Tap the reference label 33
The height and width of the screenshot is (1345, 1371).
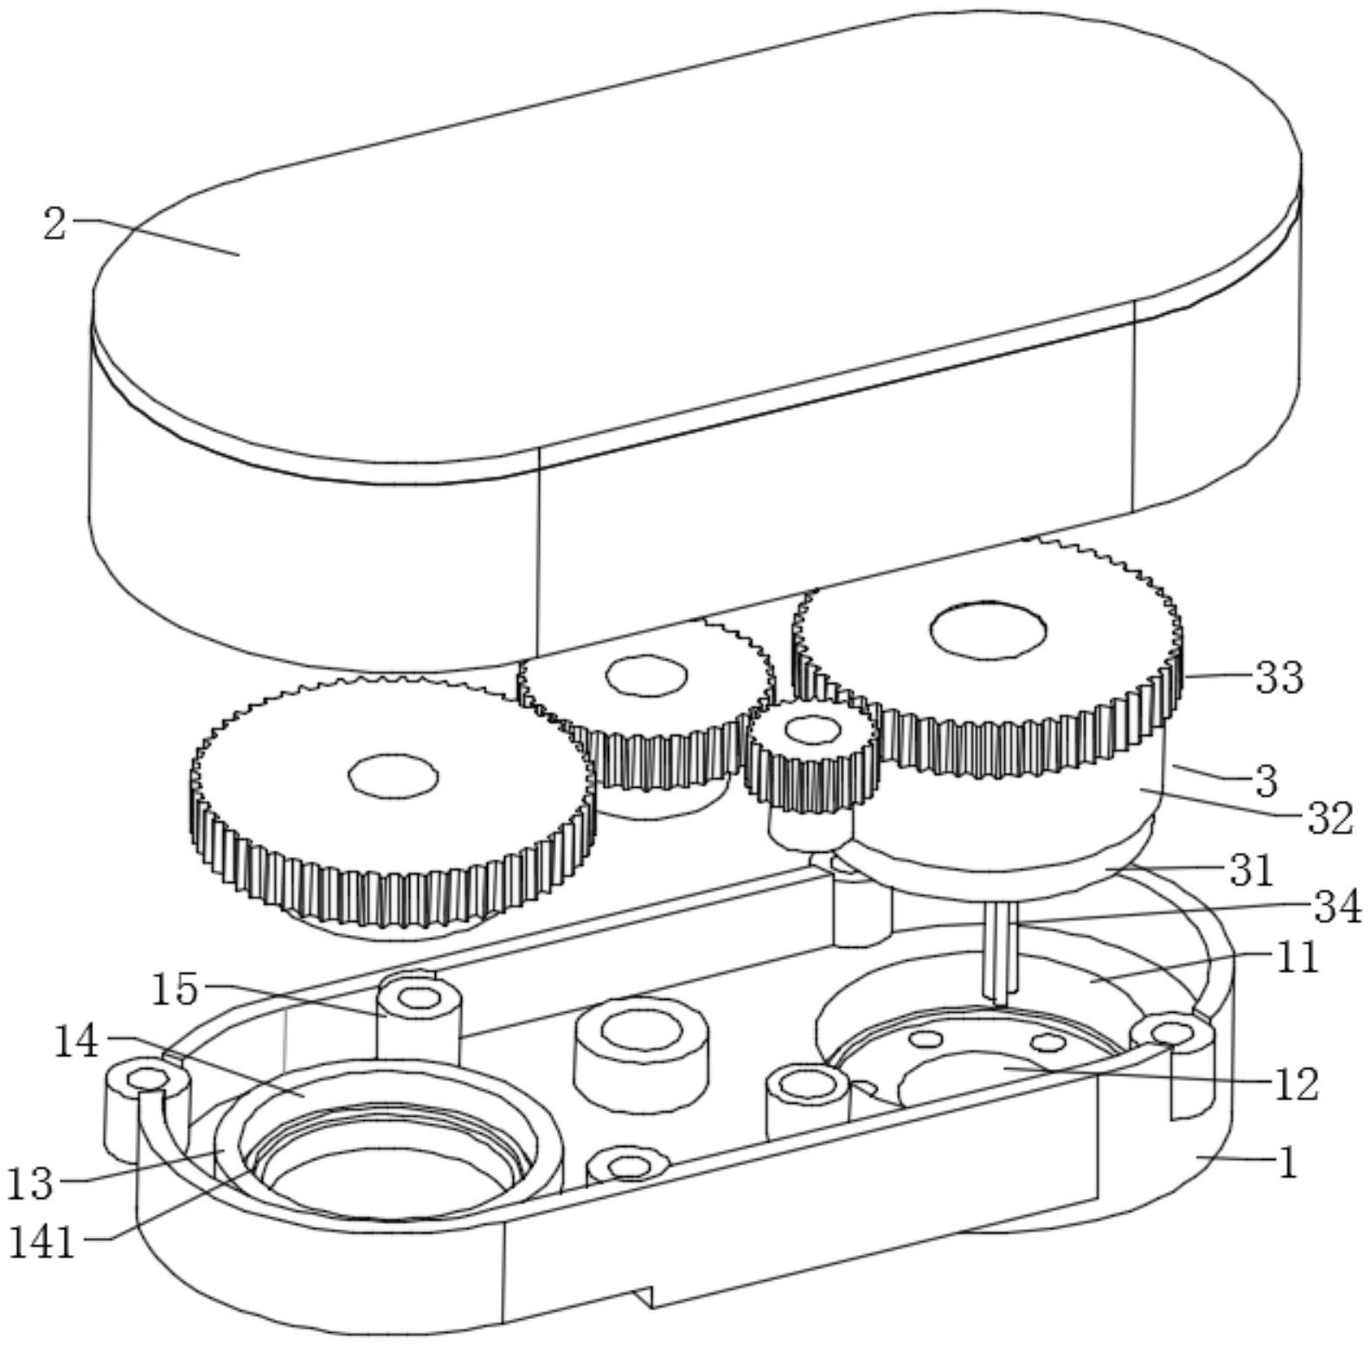click(1278, 677)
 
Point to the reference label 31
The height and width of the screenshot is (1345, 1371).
click(1252, 871)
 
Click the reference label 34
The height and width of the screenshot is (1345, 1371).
click(1337, 907)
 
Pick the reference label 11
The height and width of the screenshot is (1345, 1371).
click(1296, 958)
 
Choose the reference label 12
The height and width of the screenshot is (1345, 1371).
click(1295, 1085)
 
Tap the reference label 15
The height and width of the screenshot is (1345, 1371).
click(175, 989)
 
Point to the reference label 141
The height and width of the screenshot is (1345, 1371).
click(42, 1243)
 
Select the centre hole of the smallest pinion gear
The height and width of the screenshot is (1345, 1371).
click(811, 729)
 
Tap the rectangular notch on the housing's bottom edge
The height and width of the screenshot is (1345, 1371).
click(644, 1296)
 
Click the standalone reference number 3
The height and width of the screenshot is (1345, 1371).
click(1265, 781)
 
